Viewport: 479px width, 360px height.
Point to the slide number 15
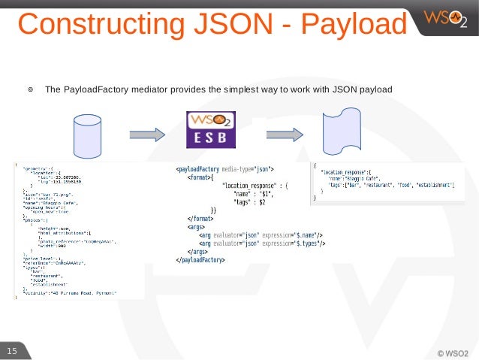point(12,351)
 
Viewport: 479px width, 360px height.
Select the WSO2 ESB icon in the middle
point(210,132)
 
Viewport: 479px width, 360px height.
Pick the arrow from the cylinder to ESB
point(147,135)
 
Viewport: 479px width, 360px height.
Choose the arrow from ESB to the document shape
point(285,135)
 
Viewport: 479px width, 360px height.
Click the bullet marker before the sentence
point(31,90)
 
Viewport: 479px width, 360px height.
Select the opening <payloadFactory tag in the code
point(200,168)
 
